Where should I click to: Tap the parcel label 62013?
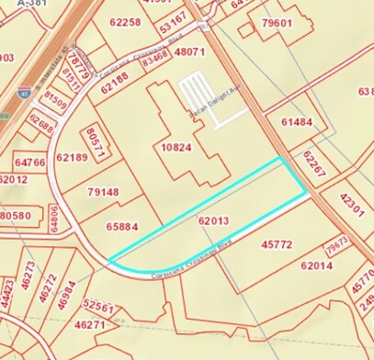212,220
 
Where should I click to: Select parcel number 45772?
277,244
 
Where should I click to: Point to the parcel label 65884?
122,226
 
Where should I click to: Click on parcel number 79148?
103,192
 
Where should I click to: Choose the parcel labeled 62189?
72,157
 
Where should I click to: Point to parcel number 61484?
297,121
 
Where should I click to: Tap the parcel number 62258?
124,21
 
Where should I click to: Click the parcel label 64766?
30,163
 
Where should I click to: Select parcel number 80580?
16,216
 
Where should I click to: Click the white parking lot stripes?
199,95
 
